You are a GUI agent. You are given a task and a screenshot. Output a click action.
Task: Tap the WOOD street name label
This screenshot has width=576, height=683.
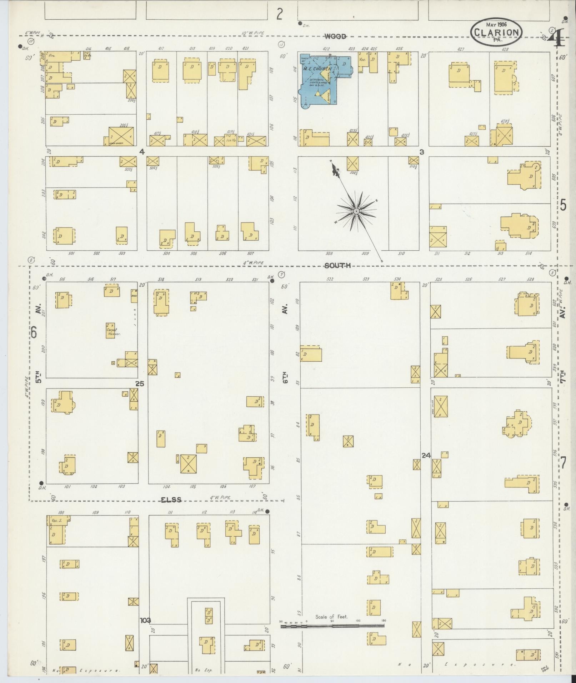pyautogui.click(x=335, y=36)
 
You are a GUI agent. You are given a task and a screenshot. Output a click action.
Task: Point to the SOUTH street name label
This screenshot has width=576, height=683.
pyautogui.click(x=338, y=266)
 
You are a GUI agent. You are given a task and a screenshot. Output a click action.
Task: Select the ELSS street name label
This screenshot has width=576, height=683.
pyautogui.click(x=171, y=500)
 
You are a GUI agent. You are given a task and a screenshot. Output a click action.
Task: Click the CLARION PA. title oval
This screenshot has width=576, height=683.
pyautogui.click(x=496, y=32)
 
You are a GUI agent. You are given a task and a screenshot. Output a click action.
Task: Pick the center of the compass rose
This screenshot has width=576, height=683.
pyautogui.click(x=356, y=212)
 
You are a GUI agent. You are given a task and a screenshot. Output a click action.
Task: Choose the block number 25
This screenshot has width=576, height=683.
pyautogui.click(x=139, y=383)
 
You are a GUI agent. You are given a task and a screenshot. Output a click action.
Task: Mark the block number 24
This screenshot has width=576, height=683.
pyautogui.click(x=426, y=455)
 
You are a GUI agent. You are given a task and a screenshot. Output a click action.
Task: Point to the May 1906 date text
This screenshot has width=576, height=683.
pyautogui.click(x=496, y=24)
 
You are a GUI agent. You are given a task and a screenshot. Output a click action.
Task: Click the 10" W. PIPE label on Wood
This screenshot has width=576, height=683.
pyautogui.click(x=253, y=33)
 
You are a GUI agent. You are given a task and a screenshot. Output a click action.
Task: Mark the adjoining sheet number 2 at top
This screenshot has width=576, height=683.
pyautogui.click(x=280, y=15)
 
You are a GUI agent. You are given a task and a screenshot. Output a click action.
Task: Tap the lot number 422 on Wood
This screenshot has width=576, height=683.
pyautogui.click(x=326, y=49)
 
